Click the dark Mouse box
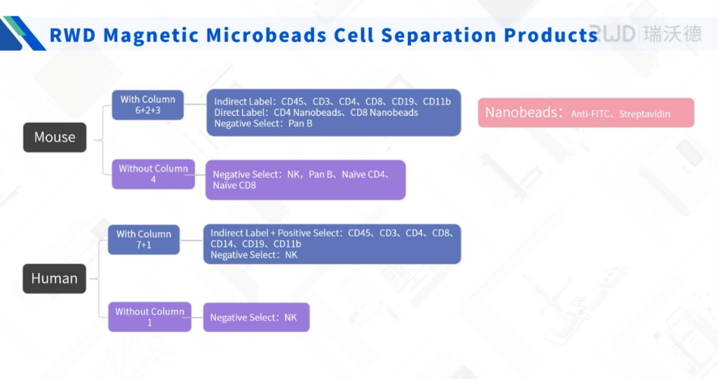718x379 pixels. [55, 137]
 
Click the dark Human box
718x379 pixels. [54, 279]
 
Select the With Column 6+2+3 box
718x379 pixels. [148, 105]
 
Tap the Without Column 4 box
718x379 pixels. [153, 174]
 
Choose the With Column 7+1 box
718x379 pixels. [144, 240]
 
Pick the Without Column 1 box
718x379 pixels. [149, 317]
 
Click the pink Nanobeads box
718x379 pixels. [585, 112]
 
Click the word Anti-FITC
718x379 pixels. [592, 114]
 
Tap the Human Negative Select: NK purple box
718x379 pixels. [256, 317]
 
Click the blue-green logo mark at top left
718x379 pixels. [21, 33]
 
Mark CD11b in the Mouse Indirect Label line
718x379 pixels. [437, 102]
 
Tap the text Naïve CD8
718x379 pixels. [234, 185]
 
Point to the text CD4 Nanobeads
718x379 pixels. [304, 112]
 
